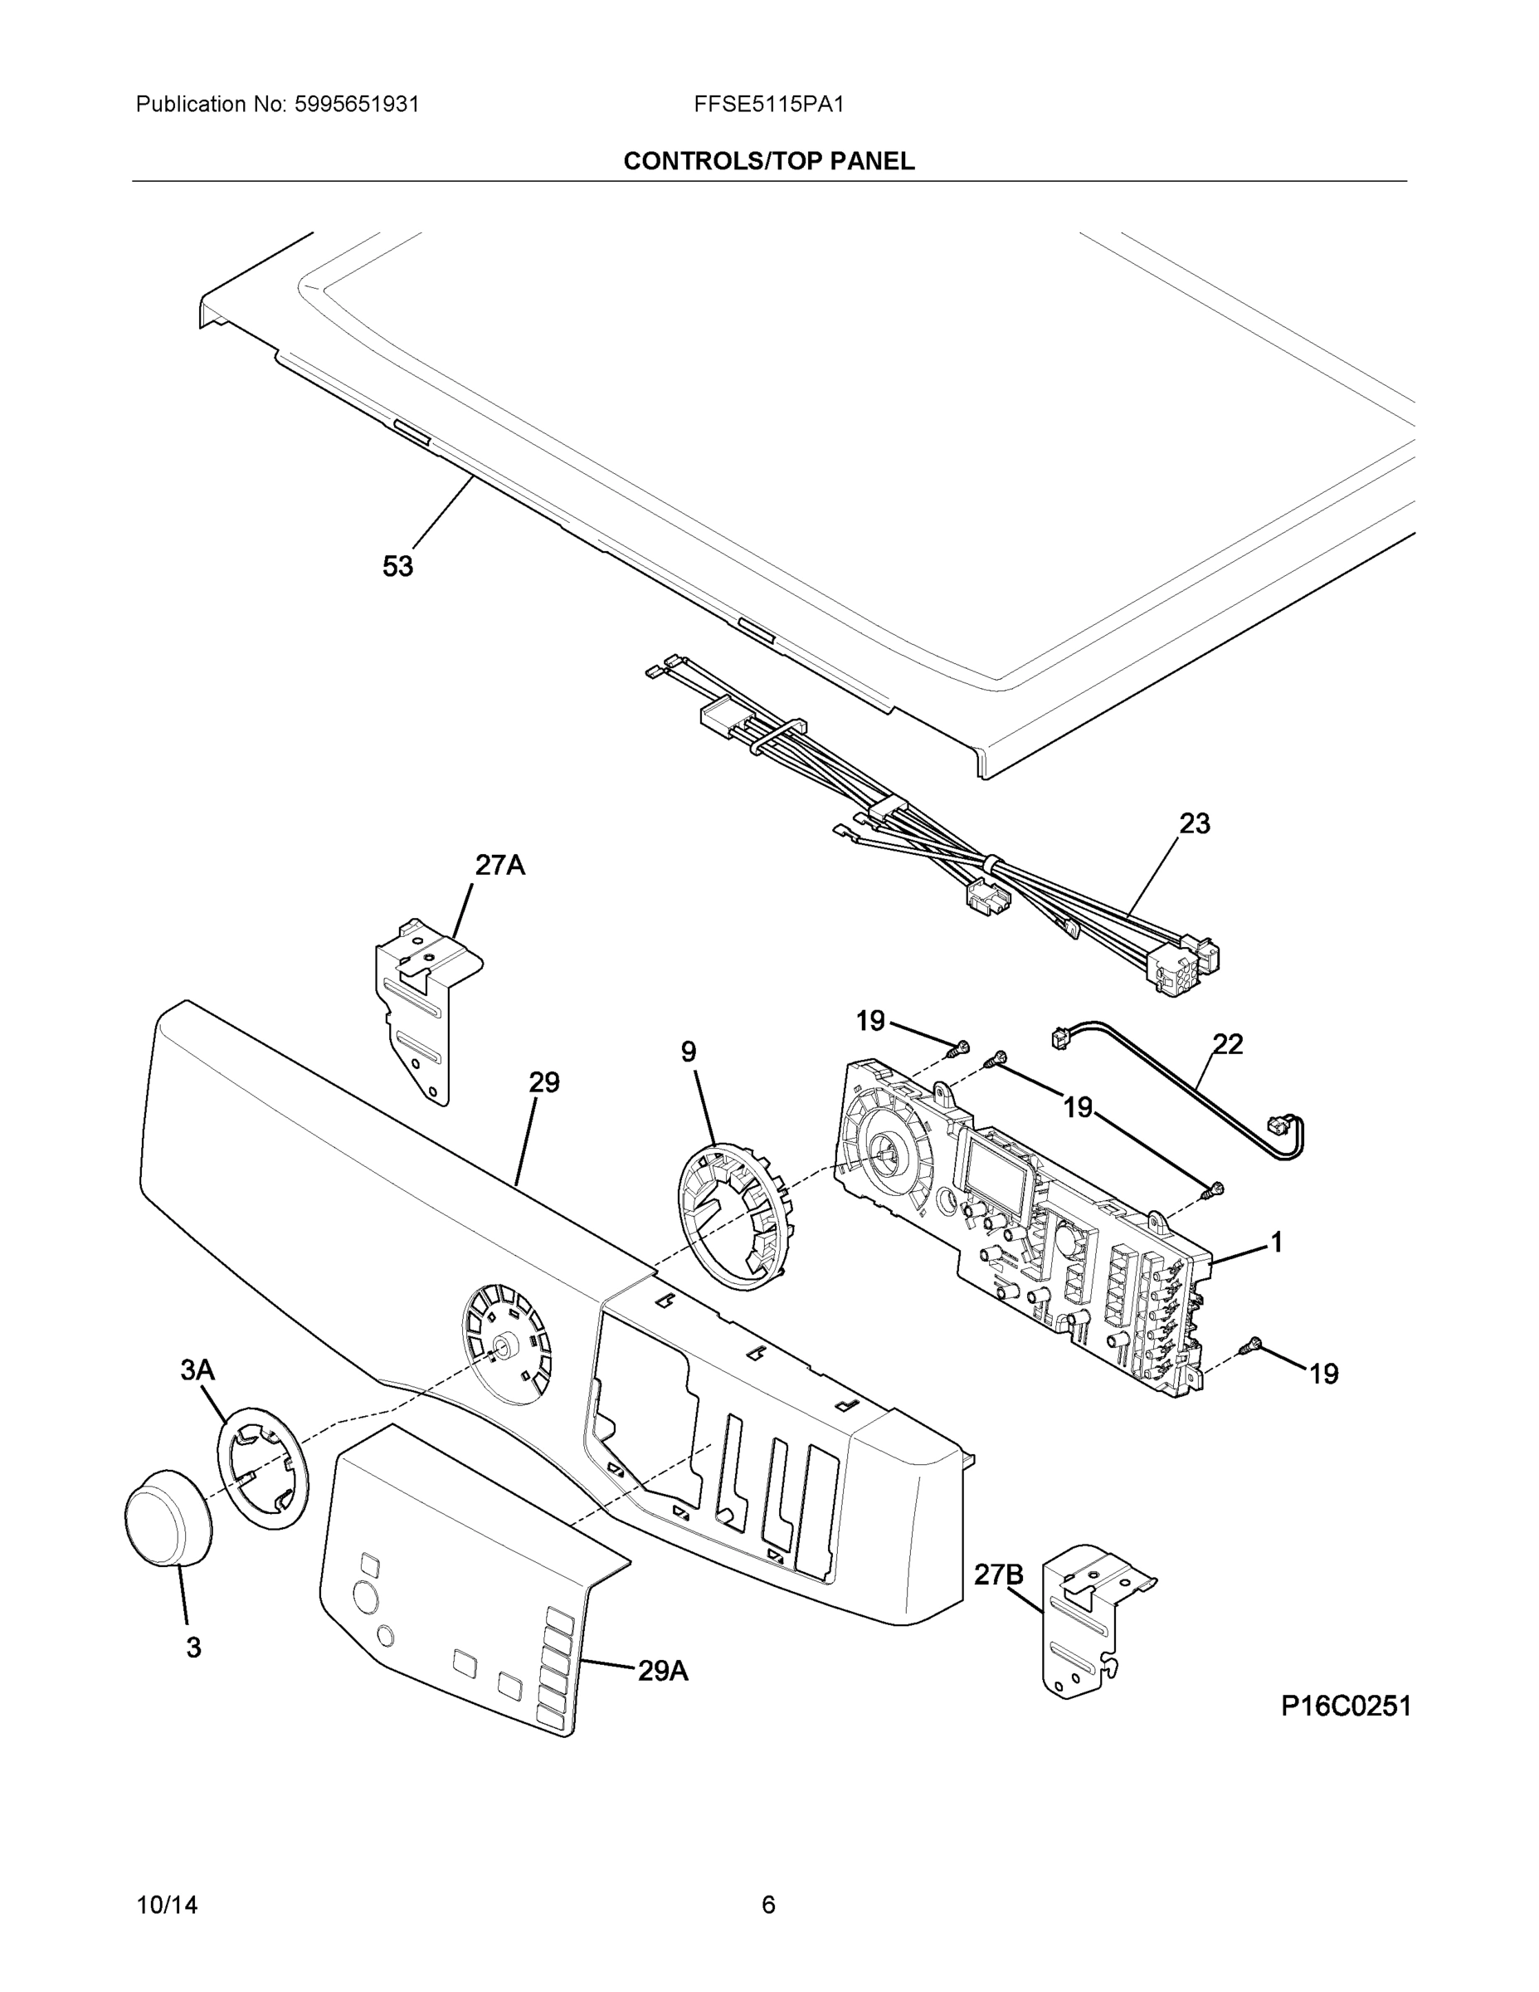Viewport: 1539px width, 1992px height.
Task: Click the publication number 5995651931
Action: click(357, 105)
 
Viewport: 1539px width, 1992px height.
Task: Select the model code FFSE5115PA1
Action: click(768, 105)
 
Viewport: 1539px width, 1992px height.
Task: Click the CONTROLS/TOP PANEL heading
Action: click(768, 162)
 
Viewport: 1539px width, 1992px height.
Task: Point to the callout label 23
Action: click(1195, 823)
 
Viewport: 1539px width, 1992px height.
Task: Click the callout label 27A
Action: click(499, 865)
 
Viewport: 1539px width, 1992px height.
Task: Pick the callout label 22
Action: click(1227, 1044)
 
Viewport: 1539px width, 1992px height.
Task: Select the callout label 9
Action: click(689, 1052)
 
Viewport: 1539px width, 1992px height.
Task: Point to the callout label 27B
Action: click(998, 1575)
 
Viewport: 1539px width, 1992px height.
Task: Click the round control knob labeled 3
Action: click(167, 1520)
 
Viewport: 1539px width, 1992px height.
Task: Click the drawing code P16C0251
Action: click(1346, 1706)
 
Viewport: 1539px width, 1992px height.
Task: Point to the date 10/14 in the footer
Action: click(167, 1905)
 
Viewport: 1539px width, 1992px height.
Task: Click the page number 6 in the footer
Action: click(768, 1905)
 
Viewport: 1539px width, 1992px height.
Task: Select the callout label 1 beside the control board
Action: click(1277, 1242)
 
